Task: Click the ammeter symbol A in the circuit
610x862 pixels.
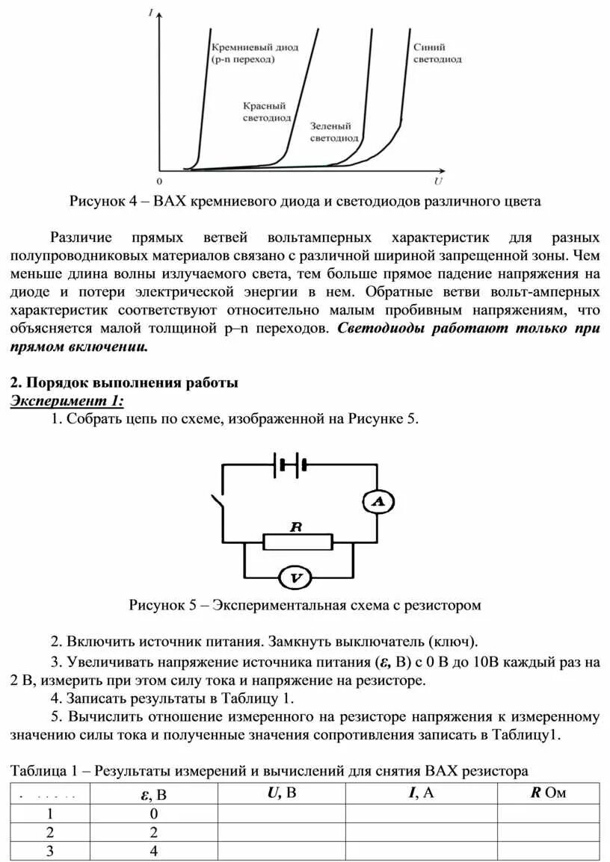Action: coord(378,502)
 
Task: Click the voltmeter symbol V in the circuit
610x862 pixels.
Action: coord(295,577)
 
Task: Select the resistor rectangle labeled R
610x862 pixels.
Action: coord(298,541)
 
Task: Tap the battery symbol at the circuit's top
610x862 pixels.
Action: coord(292,465)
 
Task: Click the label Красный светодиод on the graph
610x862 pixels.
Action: coord(265,112)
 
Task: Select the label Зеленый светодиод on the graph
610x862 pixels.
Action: coord(334,132)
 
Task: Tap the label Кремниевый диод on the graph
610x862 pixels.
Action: coord(244,53)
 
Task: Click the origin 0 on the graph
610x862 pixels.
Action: coord(158,181)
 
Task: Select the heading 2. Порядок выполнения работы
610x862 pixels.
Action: coord(124,382)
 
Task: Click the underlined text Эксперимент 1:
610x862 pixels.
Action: coord(67,401)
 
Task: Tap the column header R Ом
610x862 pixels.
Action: coord(548,793)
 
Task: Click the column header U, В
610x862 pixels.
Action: coord(281,793)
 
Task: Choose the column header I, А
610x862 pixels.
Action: coord(420,793)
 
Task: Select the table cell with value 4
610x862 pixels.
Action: coord(153,851)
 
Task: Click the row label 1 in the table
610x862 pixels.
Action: coord(51,813)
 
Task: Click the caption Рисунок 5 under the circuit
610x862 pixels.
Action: coord(305,605)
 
